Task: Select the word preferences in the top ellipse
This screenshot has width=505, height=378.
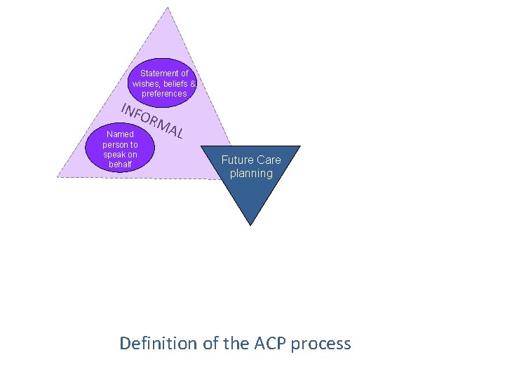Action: (x=164, y=94)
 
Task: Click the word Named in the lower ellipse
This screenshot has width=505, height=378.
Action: (x=120, y=134)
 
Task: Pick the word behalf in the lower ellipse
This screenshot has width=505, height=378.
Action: (x=120, y=164)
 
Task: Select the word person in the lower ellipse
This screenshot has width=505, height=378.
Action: (x=115, y=145)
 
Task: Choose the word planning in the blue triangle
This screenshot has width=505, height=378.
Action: (x=251, y=173)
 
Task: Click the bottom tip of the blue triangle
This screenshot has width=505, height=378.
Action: (x=251, y=225)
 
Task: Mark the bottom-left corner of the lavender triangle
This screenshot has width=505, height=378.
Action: (x=58, y=176)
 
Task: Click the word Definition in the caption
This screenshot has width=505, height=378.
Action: (x=159, y=344)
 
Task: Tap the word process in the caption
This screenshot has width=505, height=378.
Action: (x=321, y=344)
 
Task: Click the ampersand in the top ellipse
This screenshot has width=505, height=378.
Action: (x=193, y=83)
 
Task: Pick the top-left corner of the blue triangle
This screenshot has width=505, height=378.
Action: (x=202, y=146)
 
